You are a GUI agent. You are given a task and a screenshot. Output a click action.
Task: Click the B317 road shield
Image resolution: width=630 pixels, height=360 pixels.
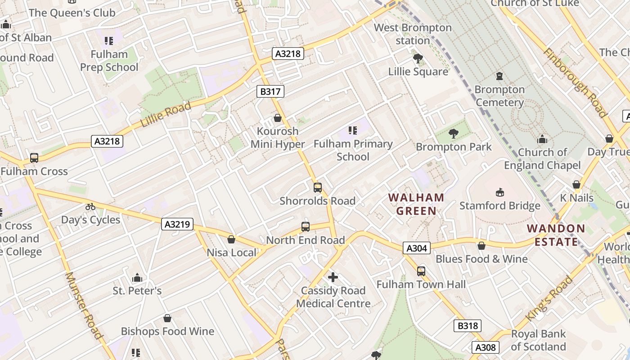click(x=270, y=92)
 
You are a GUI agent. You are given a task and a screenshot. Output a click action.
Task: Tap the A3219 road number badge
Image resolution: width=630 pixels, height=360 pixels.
click(x=177, y=224)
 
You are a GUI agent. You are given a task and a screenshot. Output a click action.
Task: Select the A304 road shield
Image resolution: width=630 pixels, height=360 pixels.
click(x=417, y=248)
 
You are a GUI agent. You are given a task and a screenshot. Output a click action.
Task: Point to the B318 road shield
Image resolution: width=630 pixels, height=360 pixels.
click(x=467, y=326)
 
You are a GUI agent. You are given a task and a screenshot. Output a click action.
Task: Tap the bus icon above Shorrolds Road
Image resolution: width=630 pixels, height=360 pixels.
click(x=318, y=188)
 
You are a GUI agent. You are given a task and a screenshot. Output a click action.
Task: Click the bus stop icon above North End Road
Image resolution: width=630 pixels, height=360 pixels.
click(x=306, y=227)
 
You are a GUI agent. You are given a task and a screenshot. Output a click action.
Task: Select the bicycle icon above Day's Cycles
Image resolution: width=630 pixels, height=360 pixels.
click(x=90, y=207)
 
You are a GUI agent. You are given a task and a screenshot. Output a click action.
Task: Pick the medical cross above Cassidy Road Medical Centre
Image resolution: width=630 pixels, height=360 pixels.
click(x=333, y=277)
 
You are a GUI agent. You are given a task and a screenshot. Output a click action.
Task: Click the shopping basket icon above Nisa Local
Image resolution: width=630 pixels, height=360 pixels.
click(x=231, y=239)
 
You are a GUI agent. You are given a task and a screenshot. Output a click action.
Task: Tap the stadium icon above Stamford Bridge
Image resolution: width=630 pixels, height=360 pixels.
click(x=499, y=193)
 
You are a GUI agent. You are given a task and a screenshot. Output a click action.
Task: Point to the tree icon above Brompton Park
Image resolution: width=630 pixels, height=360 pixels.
click(x=453, y=133)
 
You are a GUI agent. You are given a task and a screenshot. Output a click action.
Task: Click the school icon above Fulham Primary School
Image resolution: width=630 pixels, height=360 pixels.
click(x=353, y=130)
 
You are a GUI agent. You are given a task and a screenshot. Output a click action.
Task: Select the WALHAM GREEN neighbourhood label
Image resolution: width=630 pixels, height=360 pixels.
click(x=416, y=204)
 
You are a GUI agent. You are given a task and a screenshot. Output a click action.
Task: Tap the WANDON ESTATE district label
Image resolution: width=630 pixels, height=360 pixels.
click(x=556, y=235)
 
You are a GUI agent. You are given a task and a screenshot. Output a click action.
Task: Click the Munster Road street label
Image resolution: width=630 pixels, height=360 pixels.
click(x=85, y=306)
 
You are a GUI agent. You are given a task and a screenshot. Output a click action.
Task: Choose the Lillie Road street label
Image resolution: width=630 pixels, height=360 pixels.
click(x=166, y=115)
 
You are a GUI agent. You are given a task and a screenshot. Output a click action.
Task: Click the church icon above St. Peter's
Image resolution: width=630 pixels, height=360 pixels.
click(x=137, y=278)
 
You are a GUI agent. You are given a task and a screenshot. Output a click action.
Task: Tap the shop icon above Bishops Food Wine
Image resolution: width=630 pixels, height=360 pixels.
click(x=167, y=319)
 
